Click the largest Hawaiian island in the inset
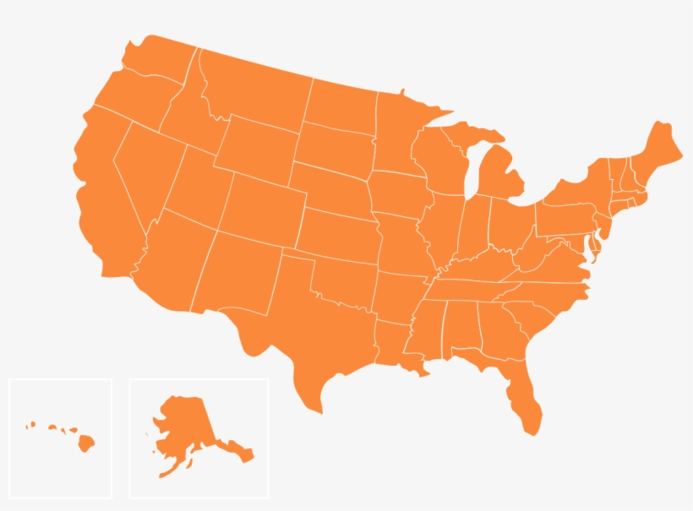pos(85,442)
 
